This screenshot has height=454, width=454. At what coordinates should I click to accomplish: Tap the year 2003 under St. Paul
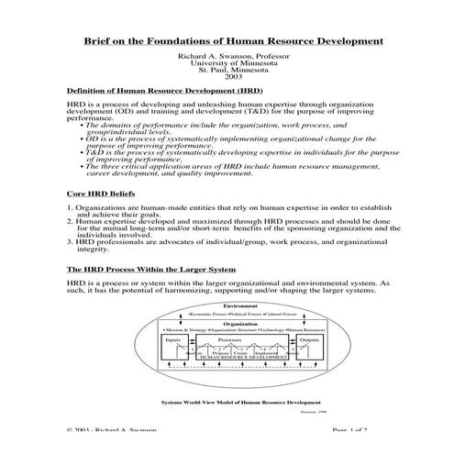[x=227, y=78]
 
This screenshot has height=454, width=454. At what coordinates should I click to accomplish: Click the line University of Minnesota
[x=227, y=63]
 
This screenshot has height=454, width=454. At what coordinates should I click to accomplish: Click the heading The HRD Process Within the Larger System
[x=151, y=269]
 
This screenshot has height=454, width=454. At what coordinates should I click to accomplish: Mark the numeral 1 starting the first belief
[x=69, y=209]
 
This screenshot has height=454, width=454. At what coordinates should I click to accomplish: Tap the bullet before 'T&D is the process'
[x=83, y=153]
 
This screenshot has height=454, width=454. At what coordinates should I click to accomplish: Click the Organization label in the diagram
[x=227, y=323]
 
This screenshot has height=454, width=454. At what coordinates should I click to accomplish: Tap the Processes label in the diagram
[x=227, y=338]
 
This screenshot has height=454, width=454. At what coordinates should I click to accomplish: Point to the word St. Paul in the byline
[x=213, y=71]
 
